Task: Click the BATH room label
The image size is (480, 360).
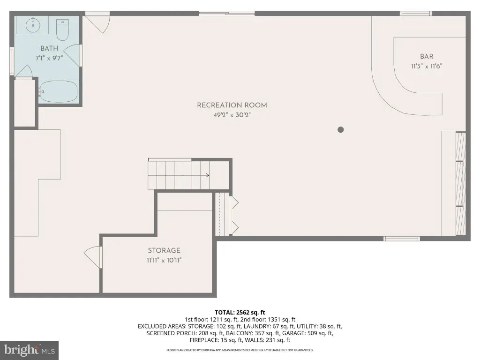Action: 49,48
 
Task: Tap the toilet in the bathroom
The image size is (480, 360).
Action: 62,30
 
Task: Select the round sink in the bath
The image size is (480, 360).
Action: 32,24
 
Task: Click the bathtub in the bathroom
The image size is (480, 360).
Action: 58,91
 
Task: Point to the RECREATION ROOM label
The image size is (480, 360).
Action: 232,105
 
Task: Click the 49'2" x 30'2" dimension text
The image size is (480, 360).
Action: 232,115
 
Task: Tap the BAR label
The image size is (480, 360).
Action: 427,56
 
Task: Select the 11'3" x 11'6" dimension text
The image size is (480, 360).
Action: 427,66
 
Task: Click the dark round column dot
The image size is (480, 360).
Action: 340,129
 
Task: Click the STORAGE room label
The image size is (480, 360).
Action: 164,250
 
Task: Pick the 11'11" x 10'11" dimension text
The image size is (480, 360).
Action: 164,260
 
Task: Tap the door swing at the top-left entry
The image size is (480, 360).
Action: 97,23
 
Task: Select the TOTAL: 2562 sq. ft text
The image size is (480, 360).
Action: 240,313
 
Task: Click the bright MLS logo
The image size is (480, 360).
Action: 29,350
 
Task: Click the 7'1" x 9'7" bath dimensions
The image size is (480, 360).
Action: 49,58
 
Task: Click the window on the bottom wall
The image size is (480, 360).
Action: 402,239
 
